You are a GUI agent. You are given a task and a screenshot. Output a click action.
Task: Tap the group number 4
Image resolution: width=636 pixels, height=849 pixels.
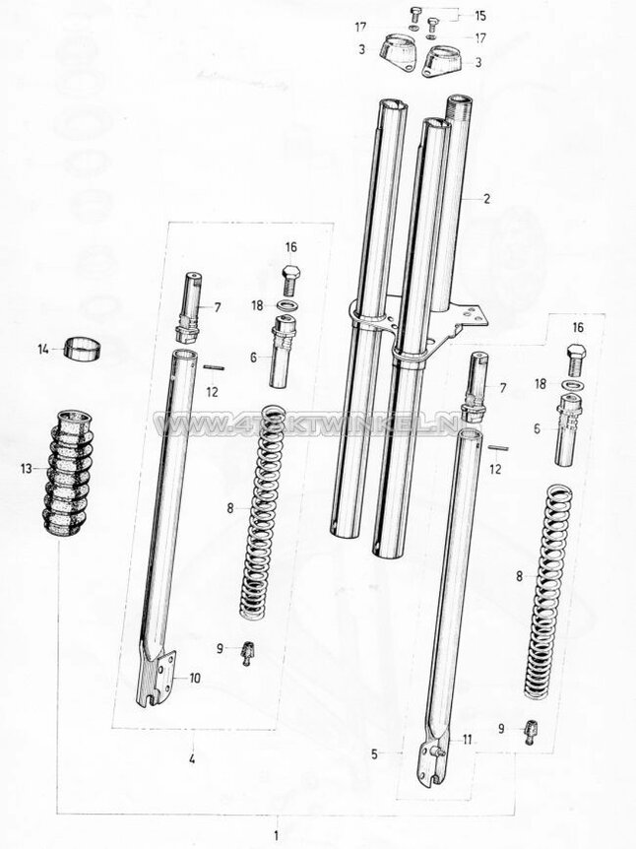tap(193, 759)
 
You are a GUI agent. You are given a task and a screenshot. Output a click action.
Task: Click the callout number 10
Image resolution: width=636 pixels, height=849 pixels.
tap(195, 678)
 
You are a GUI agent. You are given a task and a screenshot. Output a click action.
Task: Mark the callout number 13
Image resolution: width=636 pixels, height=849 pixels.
tap(27, 469)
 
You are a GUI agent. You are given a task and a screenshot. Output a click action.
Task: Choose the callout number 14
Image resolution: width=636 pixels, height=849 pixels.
tap(42, 348)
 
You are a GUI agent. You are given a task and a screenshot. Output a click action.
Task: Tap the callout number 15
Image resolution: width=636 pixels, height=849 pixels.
tap(480, 17)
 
